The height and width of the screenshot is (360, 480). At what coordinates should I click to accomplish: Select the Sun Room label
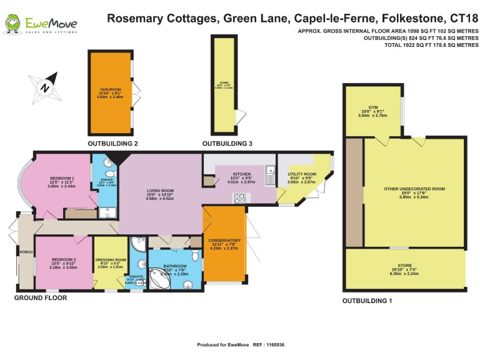click(x=110, y=94)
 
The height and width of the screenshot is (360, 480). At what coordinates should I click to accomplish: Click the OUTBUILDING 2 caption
click(x=112, y=144)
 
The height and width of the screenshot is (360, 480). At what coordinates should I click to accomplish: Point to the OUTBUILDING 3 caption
click(x=227, y=144)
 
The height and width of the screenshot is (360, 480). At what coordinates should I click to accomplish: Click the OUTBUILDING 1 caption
click(x=367, y=301)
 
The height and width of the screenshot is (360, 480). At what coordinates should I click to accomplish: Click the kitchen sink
click(x=269, y=172)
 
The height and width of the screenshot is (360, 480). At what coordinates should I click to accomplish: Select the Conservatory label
click(x=224, y=244)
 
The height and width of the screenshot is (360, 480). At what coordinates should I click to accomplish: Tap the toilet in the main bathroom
click(x=196, y=256)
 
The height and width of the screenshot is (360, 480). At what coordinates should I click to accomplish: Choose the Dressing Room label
click(x=111, y=262)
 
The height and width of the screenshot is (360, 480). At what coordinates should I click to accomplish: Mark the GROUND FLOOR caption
click(x=41, y=298)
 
